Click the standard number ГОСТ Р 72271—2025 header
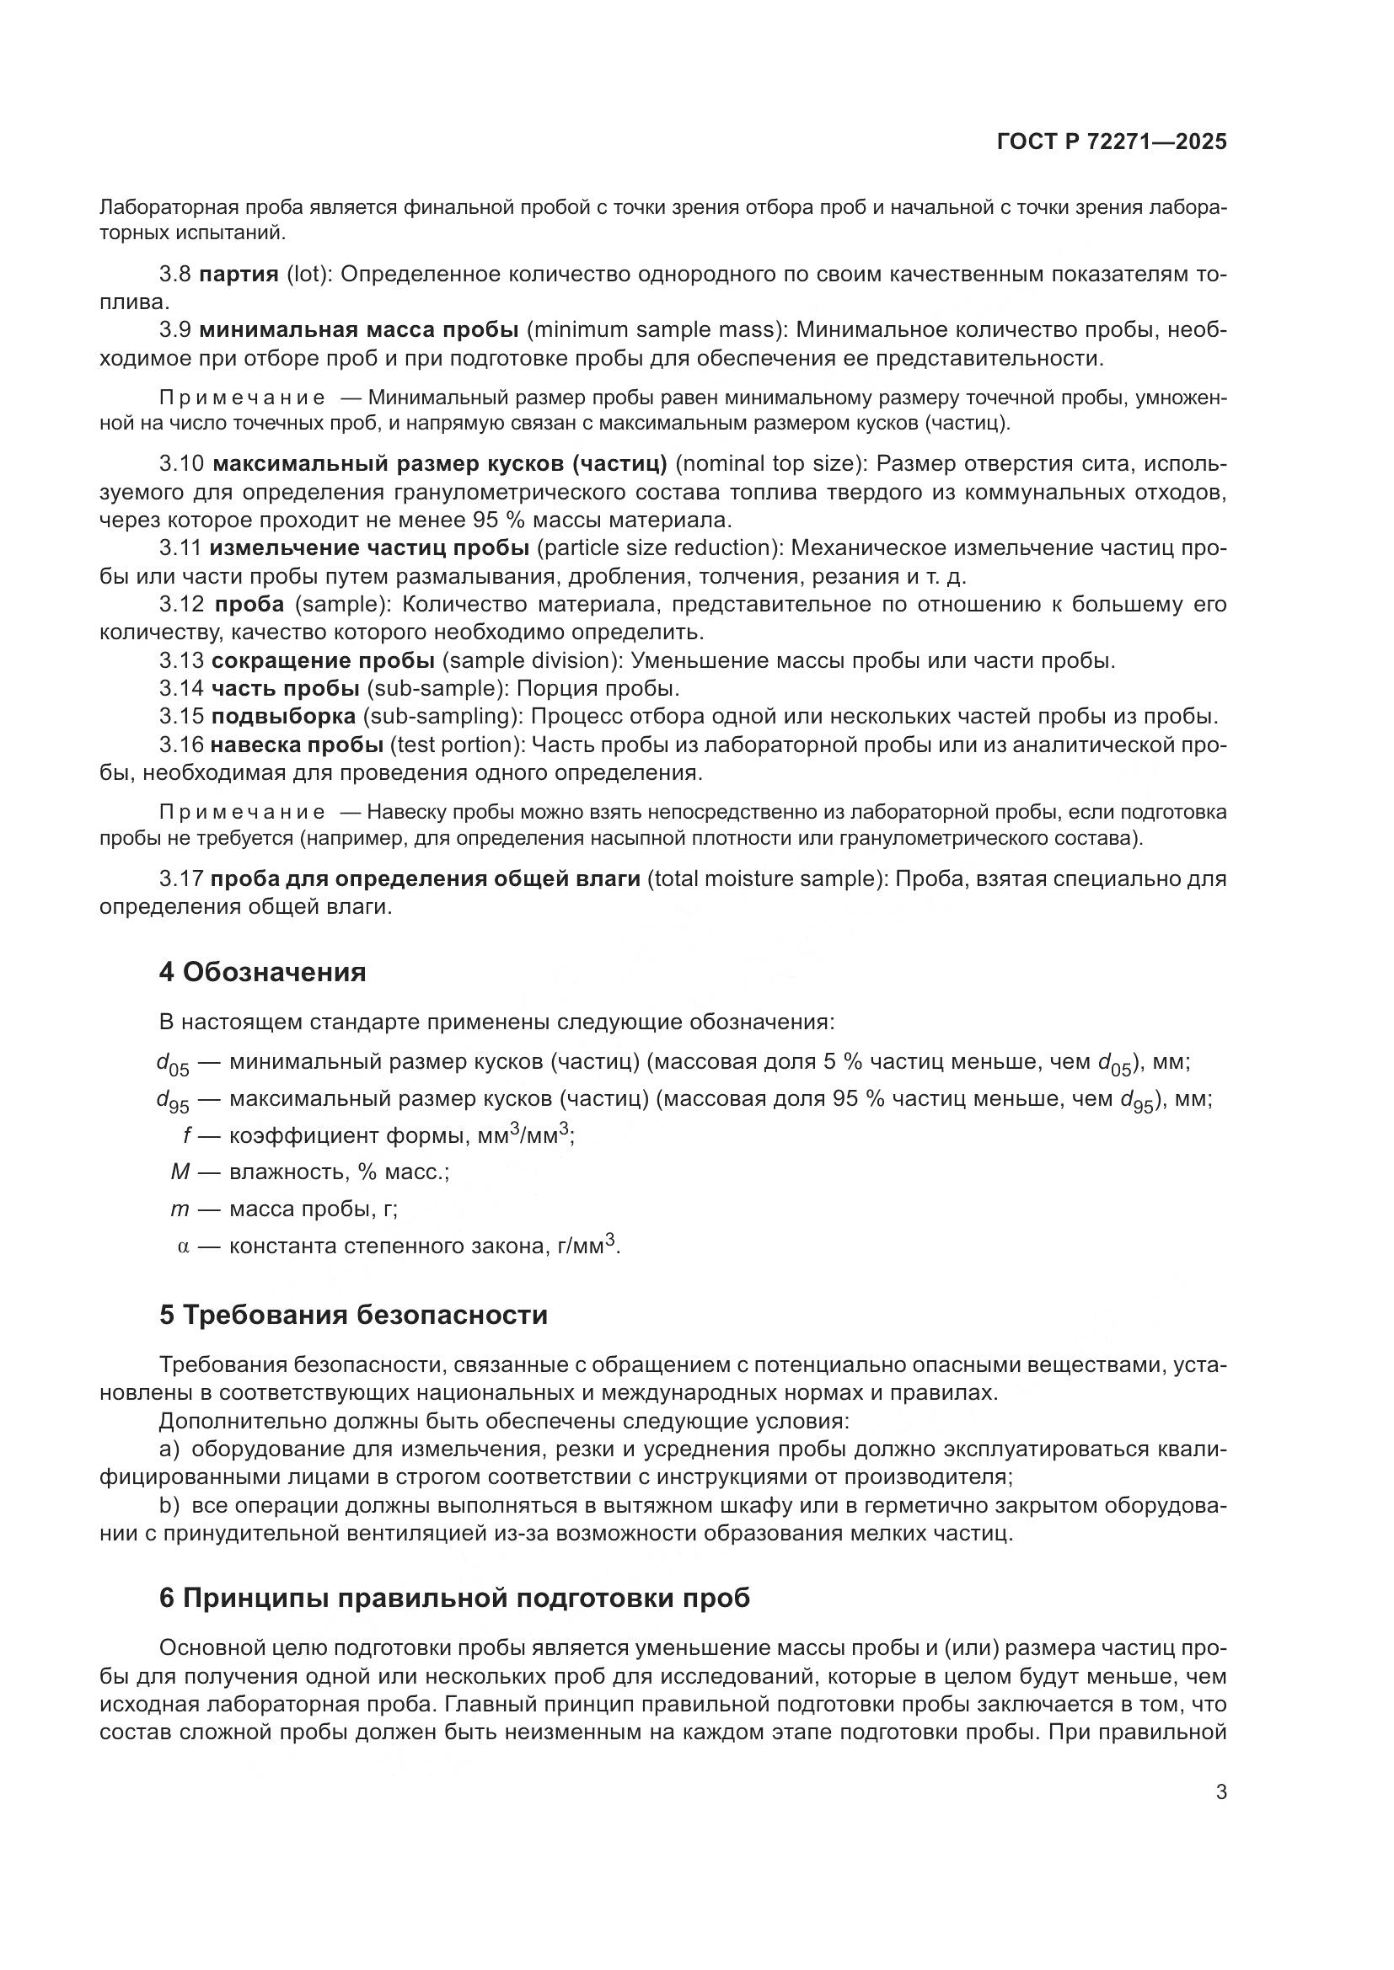pyautogui.click(x=1111, y=141)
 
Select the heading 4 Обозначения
pyautogui.click(x=262, y=972)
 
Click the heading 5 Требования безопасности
pyautogui.click(x=353, y=1316)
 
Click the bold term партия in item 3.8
pyautogui.click(x=239, y=275)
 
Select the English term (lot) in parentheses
pyautogui.click(x=308, y=275)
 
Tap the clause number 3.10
pyautogui.click(x=181, y=464)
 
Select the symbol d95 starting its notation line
pyautogui.click(x=172, y=1101)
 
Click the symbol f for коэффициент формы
pyautogui.click(x=186, y=1136)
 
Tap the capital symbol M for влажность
pyautogui.click(x=180, y=1172)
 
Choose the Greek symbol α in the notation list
pyautogui.click(x=183, y=1246)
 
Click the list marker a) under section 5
pyautogui.click(x=169, y=1449)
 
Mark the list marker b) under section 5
pyautogui.click(x=169, y=1506)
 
